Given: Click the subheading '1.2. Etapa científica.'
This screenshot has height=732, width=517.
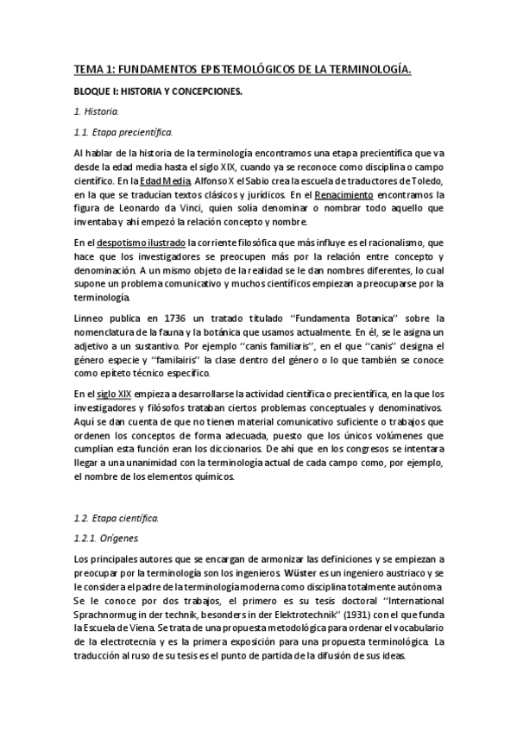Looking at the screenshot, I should point(117,517).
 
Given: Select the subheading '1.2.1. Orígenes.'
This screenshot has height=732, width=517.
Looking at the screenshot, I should point(110,538).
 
